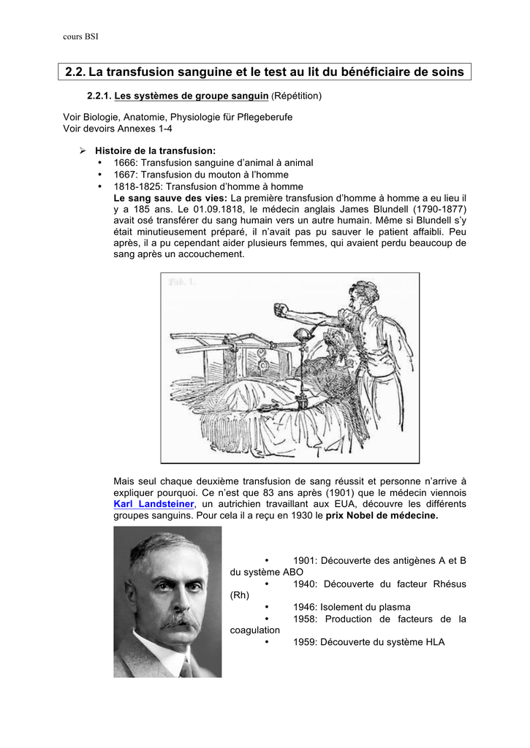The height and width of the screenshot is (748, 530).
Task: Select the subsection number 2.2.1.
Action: click(99, 96)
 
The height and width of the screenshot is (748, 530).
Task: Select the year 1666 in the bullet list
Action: click(126, 163)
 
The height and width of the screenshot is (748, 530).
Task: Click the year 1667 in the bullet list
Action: click(126, 175)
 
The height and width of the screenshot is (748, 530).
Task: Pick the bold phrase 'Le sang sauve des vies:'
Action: click(170, 198)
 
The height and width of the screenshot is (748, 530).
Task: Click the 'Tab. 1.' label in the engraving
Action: click(182, 282)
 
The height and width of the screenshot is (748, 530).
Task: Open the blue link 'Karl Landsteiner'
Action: click(154, 504)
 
